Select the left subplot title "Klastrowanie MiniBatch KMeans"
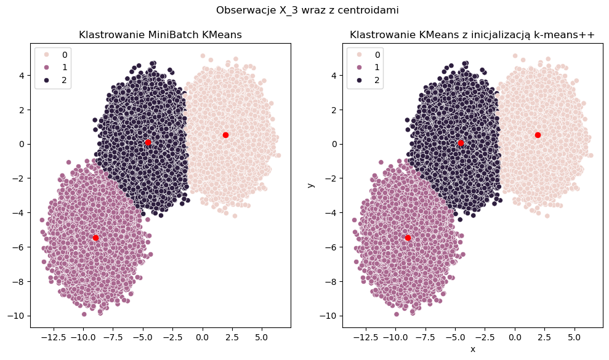160,35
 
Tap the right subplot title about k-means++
472,35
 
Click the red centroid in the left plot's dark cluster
148,142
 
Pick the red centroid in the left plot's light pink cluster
225,135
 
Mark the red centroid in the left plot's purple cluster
95,238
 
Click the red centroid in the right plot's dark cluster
461,143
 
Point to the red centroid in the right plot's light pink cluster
538,135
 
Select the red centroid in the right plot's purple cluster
408,238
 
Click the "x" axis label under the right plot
472,349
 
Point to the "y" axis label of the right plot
311,183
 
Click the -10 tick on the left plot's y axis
18,316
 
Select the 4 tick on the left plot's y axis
23,76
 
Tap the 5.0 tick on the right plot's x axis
574,338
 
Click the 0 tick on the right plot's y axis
335,144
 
